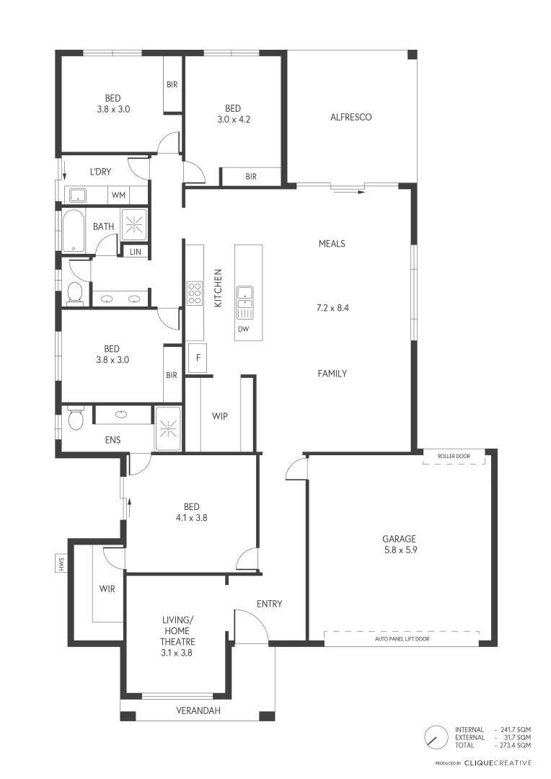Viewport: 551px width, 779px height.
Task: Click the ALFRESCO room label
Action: click(x=351, y=117)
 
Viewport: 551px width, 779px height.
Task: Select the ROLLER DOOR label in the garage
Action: click(x=454, y=457)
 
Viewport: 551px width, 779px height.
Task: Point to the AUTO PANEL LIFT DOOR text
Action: click(x=402, y=638)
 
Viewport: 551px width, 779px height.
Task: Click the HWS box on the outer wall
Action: click(x=61, y=563)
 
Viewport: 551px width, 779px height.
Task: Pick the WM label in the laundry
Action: click(x=118, y=195)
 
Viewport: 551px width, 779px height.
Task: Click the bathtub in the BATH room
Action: click(x=75, y=230)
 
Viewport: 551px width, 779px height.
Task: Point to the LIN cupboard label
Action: click(x=135, y=252)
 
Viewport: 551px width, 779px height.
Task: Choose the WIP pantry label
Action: click(x=220, y=416)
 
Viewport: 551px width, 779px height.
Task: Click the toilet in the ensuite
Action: click(x=75, y=418)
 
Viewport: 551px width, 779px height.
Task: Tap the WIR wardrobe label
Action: click(x=107, y=588)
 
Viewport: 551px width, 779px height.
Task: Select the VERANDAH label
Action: click(x=198, y=710)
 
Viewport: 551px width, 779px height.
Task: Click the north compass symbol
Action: click(x=435, y=736)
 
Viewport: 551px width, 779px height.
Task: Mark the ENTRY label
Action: click(x=269, y=604)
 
